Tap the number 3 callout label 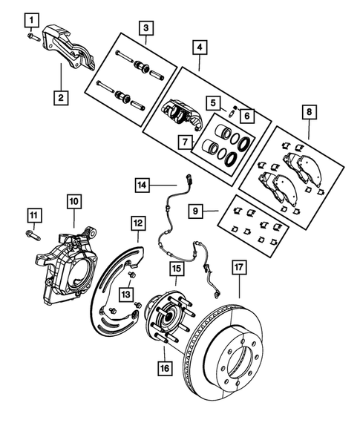pyautogui.click(x=146, y=28)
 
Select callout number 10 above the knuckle pyautogui.click(x=74, y=200)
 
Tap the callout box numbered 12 pyautogui.click(x=138, y=223)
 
